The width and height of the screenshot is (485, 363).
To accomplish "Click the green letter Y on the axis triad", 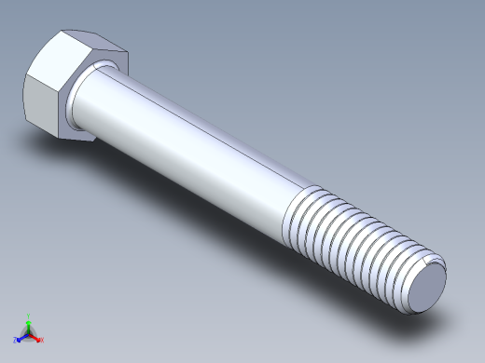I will [x=29, y=316].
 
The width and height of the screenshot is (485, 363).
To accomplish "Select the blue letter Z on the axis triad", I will [x=16, y=340].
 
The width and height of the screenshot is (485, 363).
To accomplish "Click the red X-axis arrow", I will [x=36, y=336].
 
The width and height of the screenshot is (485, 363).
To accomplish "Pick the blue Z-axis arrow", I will [x=21, y=336].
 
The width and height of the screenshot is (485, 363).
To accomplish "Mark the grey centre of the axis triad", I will [x=29, y=332].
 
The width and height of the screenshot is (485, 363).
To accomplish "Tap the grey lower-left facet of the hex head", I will [x=41, y=107].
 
